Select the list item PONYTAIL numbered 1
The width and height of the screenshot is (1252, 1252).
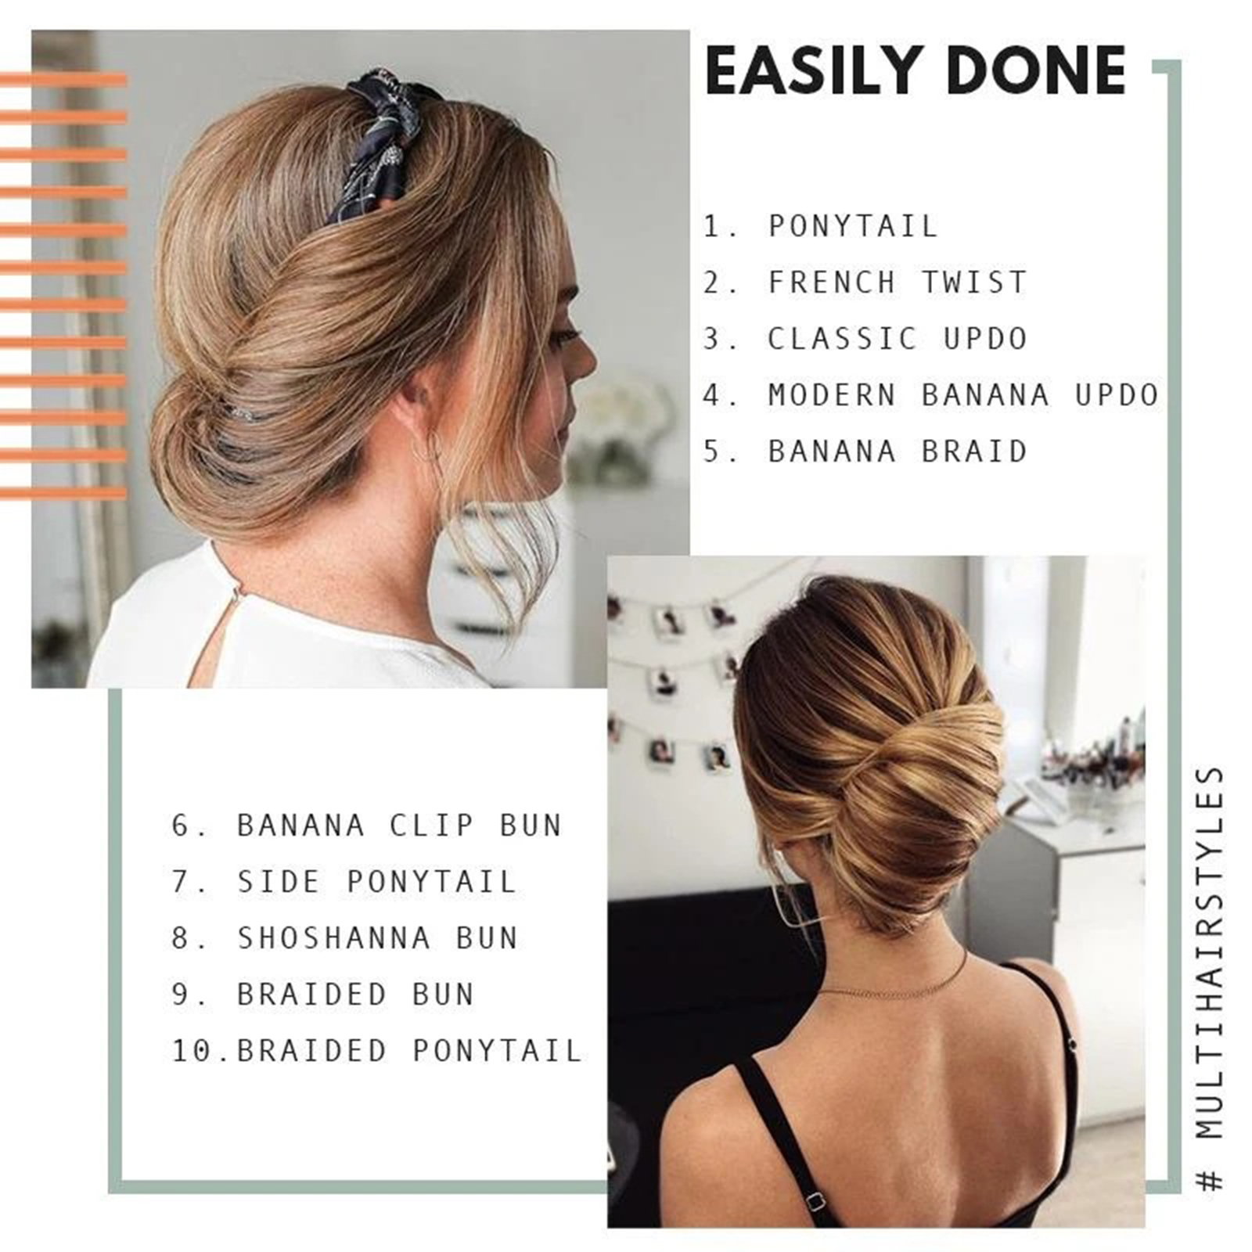click(852, 226)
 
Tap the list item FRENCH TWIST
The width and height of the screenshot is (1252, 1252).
click(897, 282)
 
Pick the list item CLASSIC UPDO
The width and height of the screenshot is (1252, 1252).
click(897, 339)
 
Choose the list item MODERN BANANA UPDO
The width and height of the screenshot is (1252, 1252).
click(963, 395)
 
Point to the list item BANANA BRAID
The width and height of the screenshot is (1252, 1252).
click(897, 452)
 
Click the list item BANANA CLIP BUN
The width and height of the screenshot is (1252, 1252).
click(399, 826)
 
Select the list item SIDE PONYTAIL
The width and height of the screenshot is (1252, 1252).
click(376, 882)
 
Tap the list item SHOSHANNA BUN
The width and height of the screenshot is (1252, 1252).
click(376, 938)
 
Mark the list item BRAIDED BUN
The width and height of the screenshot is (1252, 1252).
click(354, 995)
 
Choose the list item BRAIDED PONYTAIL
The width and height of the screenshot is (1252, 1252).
click(409, 1051)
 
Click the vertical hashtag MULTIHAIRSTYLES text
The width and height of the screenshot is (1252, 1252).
click(1210, 978)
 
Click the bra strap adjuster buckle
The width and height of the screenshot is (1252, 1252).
click(815, 1201)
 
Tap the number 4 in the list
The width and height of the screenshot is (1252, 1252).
click(711, 395)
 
